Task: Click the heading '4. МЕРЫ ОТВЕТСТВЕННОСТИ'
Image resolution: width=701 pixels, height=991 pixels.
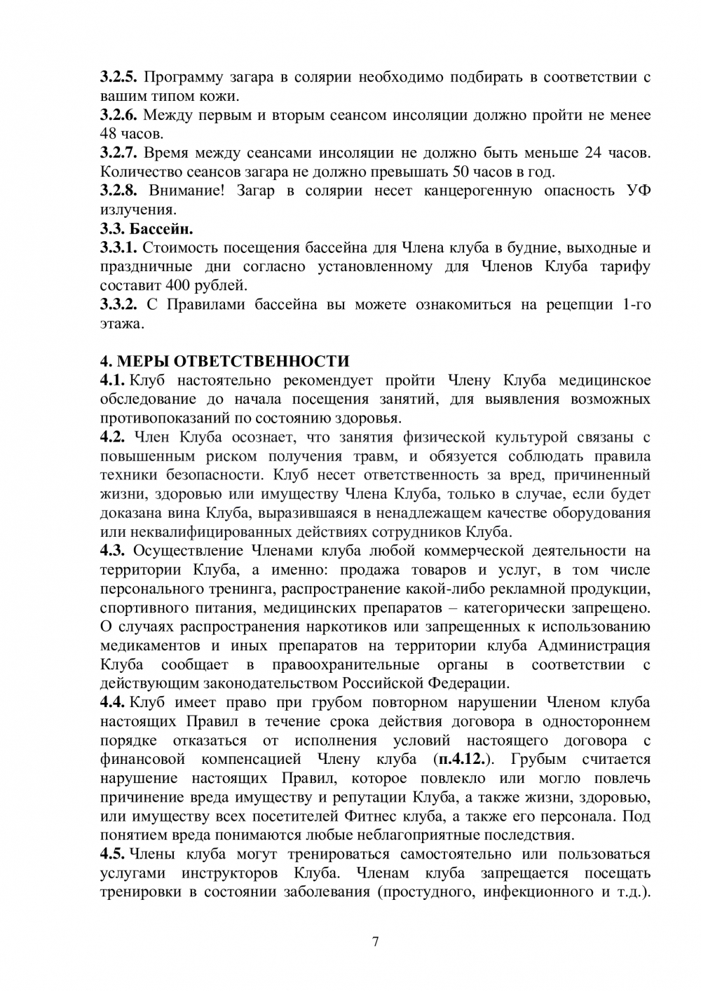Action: click(x=224, y=362)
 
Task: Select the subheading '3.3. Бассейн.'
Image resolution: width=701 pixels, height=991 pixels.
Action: click(x=147, y=228)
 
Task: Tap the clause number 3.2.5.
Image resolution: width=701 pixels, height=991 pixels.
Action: click(x=121, y=77)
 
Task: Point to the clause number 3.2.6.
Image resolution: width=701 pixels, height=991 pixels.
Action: click(x=121, y=115)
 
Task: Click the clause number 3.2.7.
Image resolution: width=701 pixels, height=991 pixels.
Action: click(x=121, y=153)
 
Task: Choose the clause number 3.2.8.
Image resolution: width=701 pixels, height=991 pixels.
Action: click(x=121, y=191)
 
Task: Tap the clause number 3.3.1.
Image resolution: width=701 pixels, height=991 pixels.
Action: click(x=121, y=247)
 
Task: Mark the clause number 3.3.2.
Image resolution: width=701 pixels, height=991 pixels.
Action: click(x=121, y=304)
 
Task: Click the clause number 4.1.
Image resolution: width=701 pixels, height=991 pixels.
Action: click(x=113, y=381)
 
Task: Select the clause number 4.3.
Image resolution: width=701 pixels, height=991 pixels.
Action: click(x=113, y=550)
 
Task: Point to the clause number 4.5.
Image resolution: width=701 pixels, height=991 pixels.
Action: click(x=113, y=854)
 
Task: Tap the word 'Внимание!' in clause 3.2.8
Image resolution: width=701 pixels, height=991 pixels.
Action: click(x=186, y=191)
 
